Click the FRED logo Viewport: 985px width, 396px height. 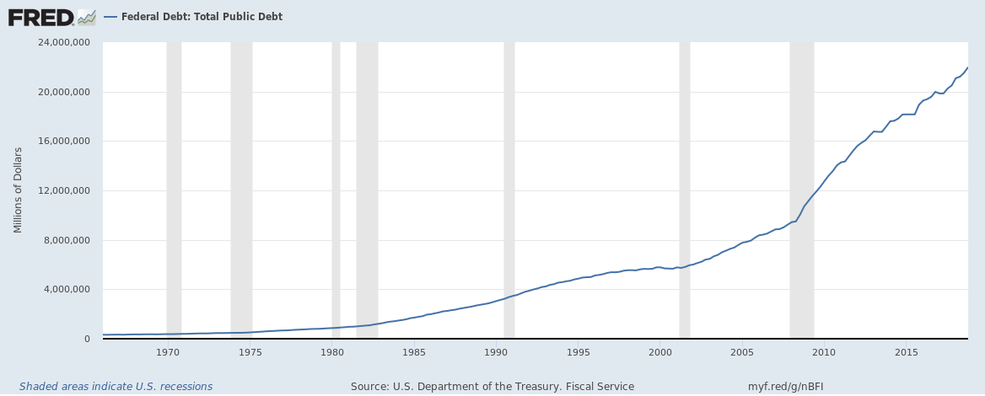coord(51,16)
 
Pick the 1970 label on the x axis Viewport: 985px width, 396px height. coord(168,351)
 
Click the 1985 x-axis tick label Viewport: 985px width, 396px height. coord(414,351)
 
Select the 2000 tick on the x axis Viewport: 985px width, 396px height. coord(660,351)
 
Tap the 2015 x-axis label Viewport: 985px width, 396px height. coord(906,351)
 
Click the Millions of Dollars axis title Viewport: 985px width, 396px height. coord(18,190)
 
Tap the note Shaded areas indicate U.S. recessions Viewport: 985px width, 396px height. coord(116,387)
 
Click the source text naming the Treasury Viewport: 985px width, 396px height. coord(492,387)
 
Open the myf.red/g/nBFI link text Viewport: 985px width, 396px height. coord(785,387)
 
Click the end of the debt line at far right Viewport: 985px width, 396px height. coord(966,67)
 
